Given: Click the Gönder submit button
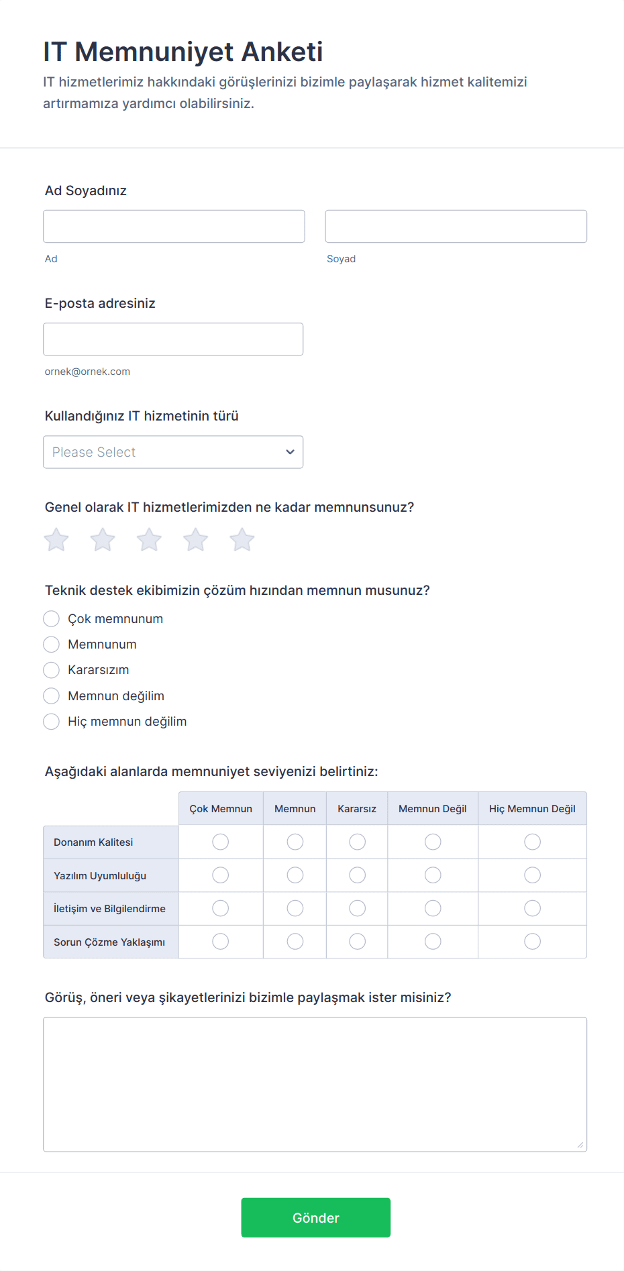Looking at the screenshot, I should point(315,1217).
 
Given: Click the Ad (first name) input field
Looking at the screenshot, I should point(174,226).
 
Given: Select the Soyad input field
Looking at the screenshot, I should point(456,226).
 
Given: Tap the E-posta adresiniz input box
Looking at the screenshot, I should point(173,339).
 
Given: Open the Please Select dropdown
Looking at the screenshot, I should point(173,452).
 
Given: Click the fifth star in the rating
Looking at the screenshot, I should point(242,540).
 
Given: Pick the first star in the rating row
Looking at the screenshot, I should point(56,540).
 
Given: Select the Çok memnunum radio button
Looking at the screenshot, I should point(52,618).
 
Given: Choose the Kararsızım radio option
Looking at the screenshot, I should point(52,670).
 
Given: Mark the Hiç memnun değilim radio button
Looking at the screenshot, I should point(52,722).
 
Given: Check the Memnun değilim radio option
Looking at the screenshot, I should point(52,696).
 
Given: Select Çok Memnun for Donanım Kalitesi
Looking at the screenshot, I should point(220,842).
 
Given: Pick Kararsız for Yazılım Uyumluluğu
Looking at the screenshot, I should point(357,875).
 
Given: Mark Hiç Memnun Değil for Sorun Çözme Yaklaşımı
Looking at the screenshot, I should point(532,942).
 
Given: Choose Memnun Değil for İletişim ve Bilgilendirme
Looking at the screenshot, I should point(433,908).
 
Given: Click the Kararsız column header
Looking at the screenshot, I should point(357,809).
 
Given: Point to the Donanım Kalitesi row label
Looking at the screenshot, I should point(93,842).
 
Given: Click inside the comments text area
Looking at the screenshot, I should point(315,1084).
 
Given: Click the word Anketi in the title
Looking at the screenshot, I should point(282,52).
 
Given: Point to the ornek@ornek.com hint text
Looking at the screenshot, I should point(87,372).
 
